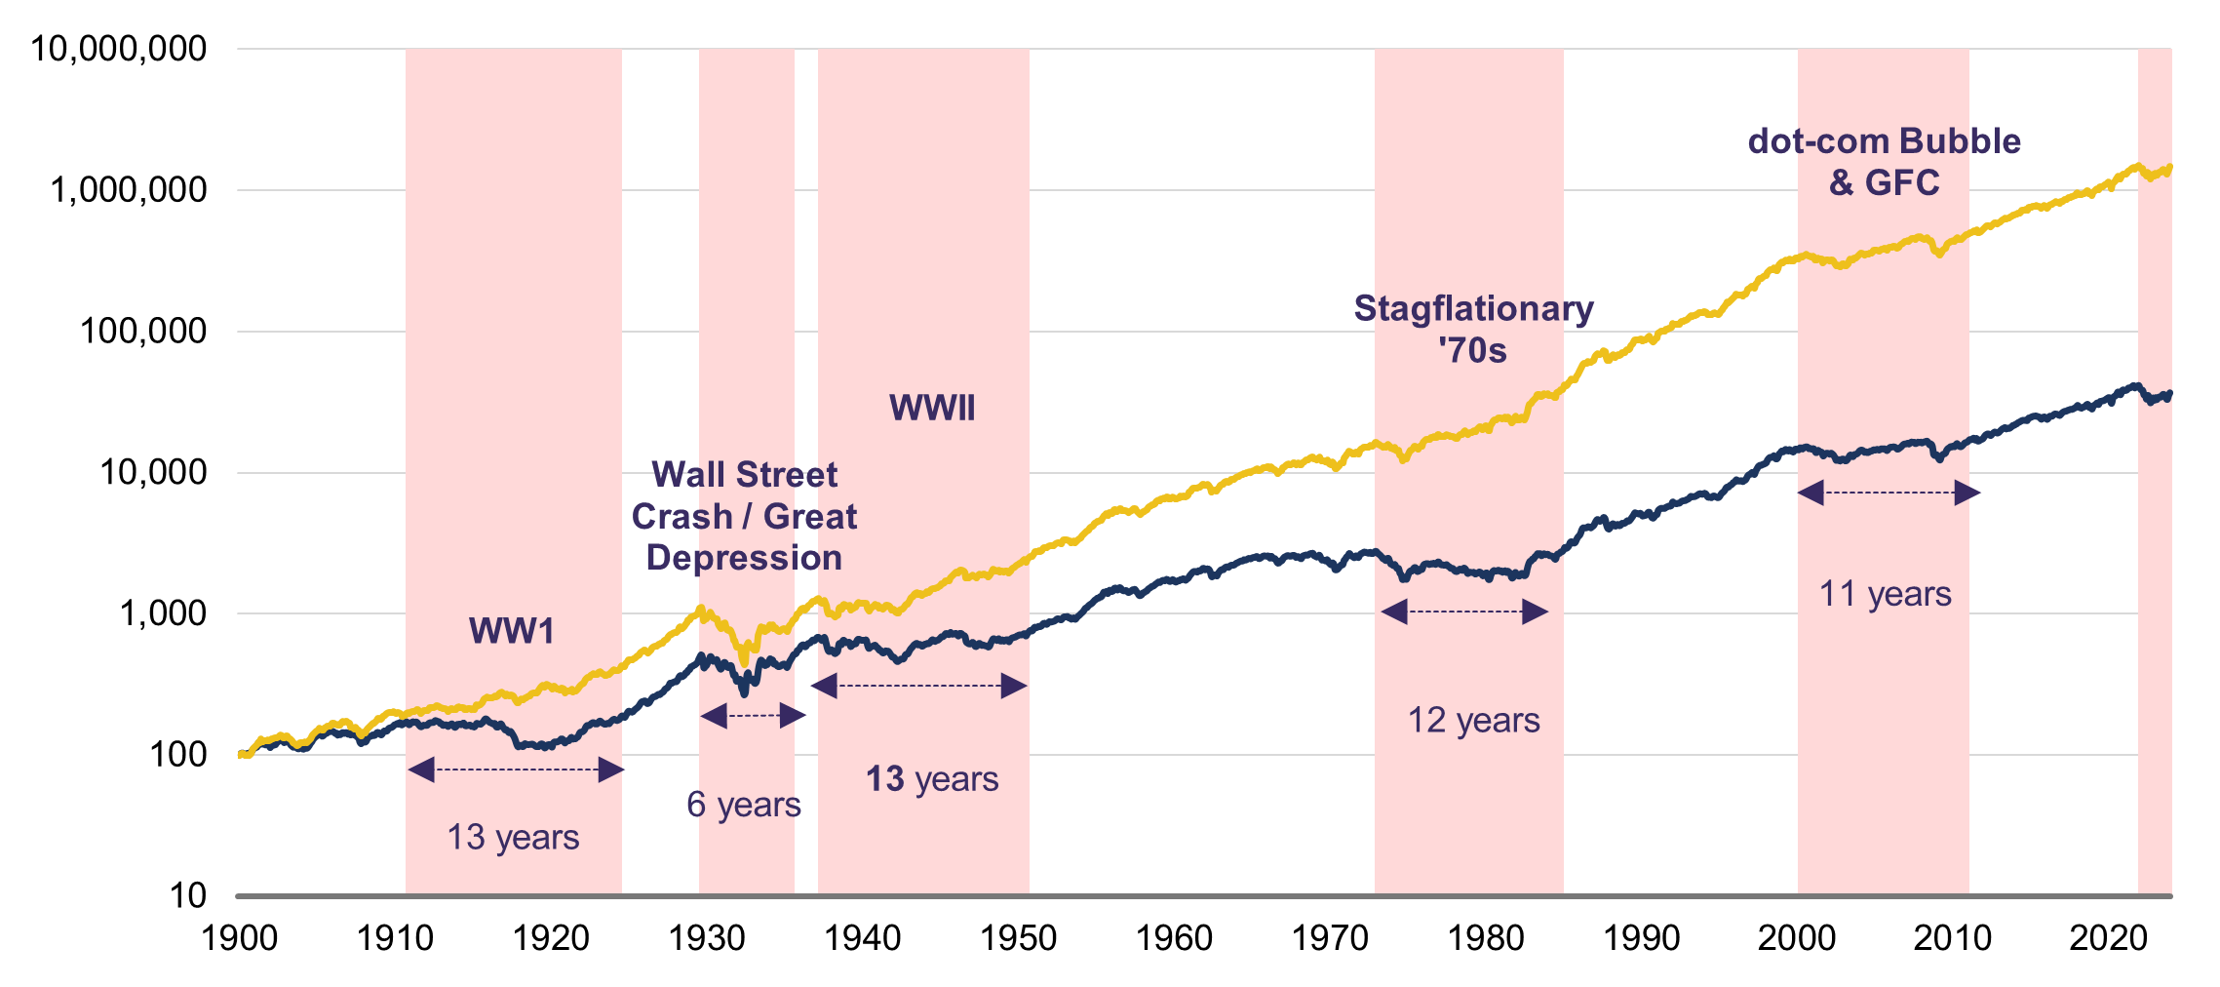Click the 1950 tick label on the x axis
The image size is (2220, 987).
[x=1019, y=938]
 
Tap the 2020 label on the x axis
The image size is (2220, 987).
[x=2109, y=938]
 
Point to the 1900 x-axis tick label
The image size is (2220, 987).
[x=240, y=938]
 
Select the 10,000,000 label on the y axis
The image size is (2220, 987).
[x=119, y=49]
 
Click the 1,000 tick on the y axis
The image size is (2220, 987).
[x=163, y=613]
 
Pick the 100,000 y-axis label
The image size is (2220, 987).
[x=143, y=332]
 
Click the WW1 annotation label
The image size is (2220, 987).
[x=512, y=631]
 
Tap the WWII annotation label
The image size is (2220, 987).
[x=932, y=408]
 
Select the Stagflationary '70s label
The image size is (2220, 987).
[x=1473, y=329]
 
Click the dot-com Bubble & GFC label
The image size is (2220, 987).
[x=1884, y=162]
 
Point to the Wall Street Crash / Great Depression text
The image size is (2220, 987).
[x=744, y=516]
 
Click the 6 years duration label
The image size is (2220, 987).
[x=744, y=805]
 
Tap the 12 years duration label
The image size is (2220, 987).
[x=1473, y=720]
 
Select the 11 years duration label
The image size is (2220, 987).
[x=1886, y=593]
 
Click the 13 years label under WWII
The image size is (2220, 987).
[x=932, y=779]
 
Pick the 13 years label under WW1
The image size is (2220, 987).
[x=513, y=837]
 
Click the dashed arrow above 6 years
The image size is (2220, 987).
[x=753, y=716]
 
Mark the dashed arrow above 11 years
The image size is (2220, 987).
[x=1889, y=493]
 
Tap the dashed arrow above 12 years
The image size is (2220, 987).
[x=1464, y=612]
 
